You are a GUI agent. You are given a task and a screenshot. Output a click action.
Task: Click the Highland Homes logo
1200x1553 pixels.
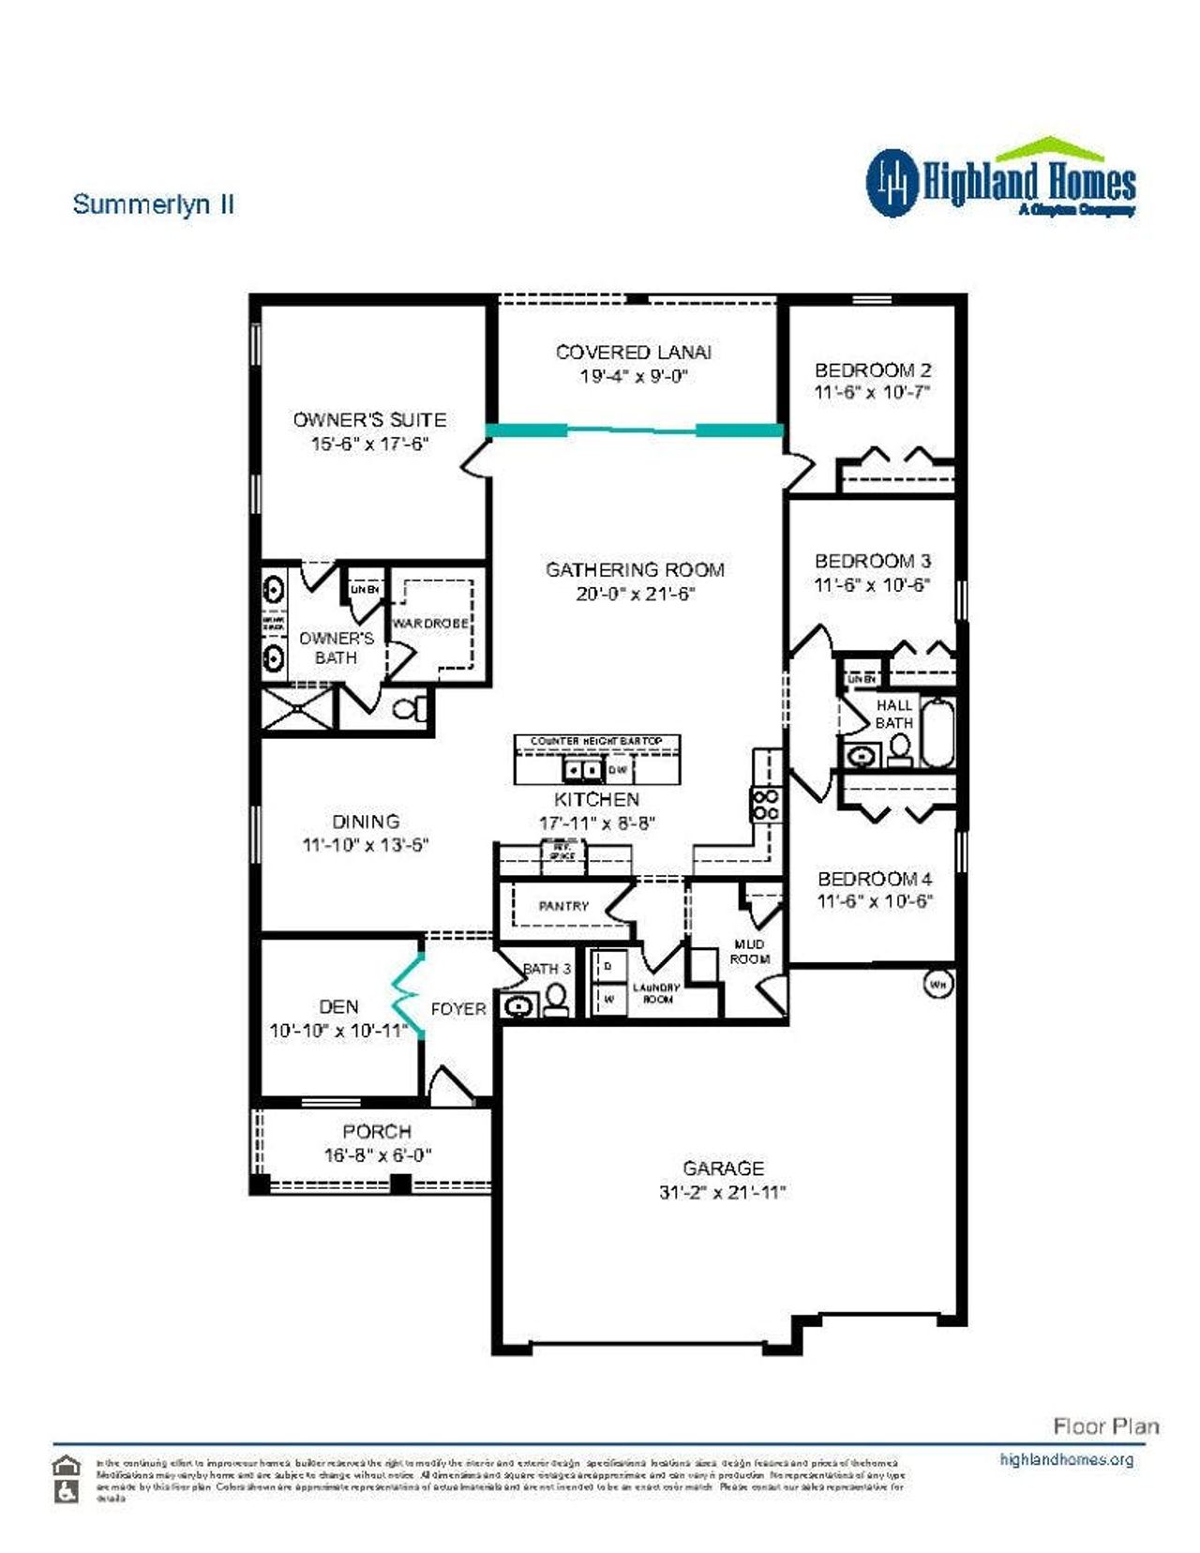[x=1000, y=180]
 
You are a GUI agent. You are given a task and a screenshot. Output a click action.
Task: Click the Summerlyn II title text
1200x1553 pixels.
[x=153, y=204]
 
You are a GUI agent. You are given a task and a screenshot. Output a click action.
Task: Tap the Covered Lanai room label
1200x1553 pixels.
[x=633, y=353]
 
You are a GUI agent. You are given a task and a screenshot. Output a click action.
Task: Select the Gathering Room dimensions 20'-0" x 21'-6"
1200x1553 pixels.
[x=635, y=595]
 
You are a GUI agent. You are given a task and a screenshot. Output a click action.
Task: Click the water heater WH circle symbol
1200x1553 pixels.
[x=938, y=985]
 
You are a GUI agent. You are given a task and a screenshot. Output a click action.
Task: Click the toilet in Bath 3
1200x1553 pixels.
[x=556, y=1000]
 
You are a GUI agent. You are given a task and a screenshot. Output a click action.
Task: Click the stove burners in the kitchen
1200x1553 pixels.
[x=765, y=805]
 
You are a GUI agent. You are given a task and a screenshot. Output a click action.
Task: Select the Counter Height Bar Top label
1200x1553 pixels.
[x=596, y=741]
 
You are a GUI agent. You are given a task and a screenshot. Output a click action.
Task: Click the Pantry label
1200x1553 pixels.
[x=563, y=906]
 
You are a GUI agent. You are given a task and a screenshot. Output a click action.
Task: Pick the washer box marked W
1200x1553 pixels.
[x=608, y=999]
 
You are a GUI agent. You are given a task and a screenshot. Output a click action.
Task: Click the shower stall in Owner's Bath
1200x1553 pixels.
[x=297, y=709]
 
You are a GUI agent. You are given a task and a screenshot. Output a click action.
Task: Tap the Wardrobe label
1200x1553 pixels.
[x=430, y=624]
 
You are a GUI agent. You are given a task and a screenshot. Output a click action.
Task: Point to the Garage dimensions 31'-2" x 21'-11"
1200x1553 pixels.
[x=722, y=1193]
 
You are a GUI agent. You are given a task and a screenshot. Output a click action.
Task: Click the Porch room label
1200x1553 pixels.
[x=377, y=1131]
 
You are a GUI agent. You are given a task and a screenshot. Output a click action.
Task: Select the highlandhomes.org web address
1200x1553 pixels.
[x=1066, y=1459]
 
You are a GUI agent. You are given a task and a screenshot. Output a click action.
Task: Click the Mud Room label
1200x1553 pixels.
[x=749, y=951]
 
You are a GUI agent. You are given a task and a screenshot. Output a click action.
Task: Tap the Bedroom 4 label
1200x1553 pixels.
[x=874, y=879]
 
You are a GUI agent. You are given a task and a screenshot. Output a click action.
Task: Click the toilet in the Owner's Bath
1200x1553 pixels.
[x=409, y=708]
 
